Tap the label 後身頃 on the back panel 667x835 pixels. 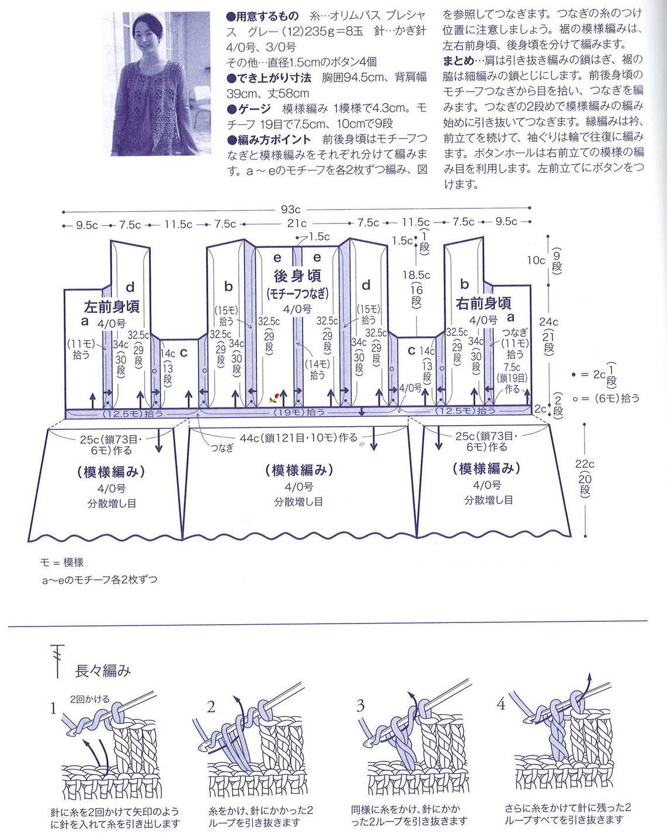[297, 275]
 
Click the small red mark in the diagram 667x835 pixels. [274, 398]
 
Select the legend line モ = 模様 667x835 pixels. [62, 562]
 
